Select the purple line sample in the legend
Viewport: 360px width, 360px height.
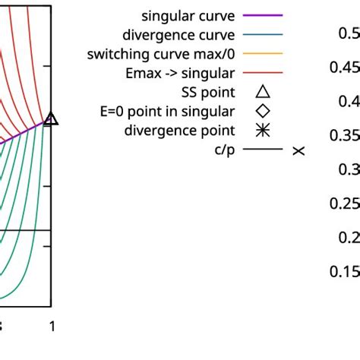click(262, 14)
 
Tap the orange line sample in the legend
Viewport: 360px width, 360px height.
click(262, 54)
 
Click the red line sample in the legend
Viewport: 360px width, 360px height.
click(262, 73)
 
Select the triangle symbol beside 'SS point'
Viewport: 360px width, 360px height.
click(262, 92)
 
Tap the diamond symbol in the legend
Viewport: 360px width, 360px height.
click(262, 112)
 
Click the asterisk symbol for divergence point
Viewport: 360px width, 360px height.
click(262, 131)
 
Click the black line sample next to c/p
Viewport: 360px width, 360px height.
click(262, 150)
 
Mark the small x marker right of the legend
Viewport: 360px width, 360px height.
click(298, 151)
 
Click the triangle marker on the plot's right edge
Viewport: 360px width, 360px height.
click(51, 118)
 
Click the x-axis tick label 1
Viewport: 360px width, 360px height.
click(51, 327)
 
